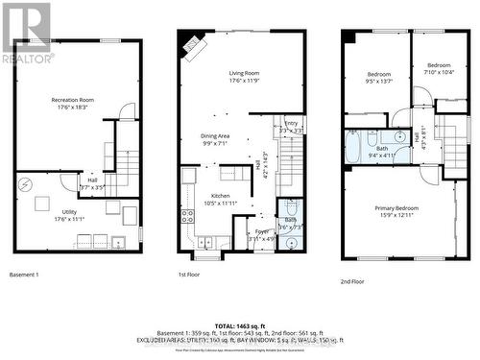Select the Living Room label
pos(243,77)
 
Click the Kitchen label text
pos(219,199)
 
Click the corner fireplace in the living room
pos(194,45)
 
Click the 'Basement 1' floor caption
pos(24,276)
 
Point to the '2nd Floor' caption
pos(352,281)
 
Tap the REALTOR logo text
pos(27,59)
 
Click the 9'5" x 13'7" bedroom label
pos(378,78)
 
